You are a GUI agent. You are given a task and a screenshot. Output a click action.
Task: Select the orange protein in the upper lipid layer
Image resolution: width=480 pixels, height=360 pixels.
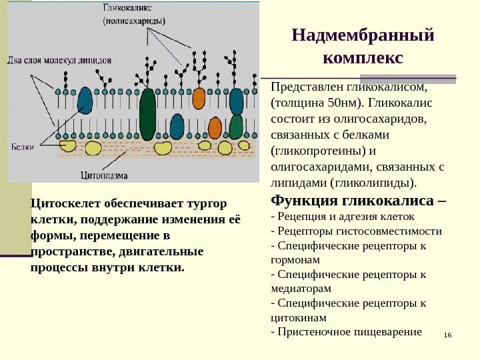click(x=199, y=97)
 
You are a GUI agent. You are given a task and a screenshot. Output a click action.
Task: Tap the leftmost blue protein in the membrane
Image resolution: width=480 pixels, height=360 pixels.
click(x=85, y=100)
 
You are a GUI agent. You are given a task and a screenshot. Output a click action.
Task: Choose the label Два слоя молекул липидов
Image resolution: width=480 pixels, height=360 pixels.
click(x=59, y=59)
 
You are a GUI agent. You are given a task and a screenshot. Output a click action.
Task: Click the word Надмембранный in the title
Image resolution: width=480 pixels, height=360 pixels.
click(x=363, y=34)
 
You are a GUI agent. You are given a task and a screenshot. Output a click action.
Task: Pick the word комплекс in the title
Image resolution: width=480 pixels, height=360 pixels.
click(x=363, y=58)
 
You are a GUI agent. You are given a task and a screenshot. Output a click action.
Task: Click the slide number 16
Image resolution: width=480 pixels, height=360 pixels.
click(x=447, y=333)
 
